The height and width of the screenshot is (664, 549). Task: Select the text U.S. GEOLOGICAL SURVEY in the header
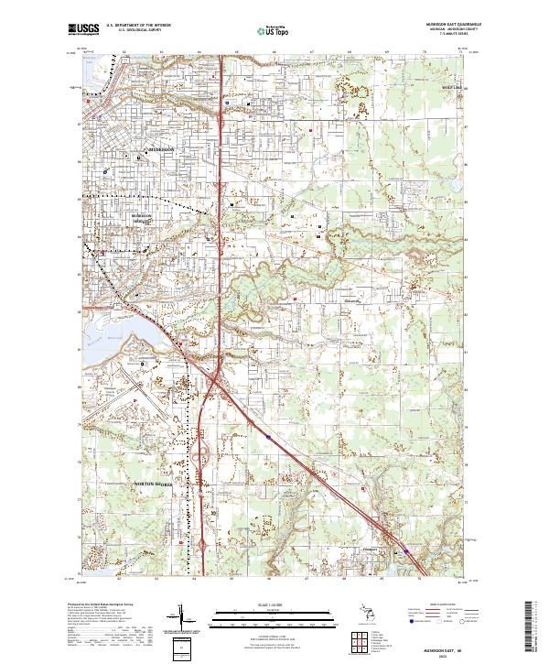133,31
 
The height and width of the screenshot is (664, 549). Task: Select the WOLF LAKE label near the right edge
452,89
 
